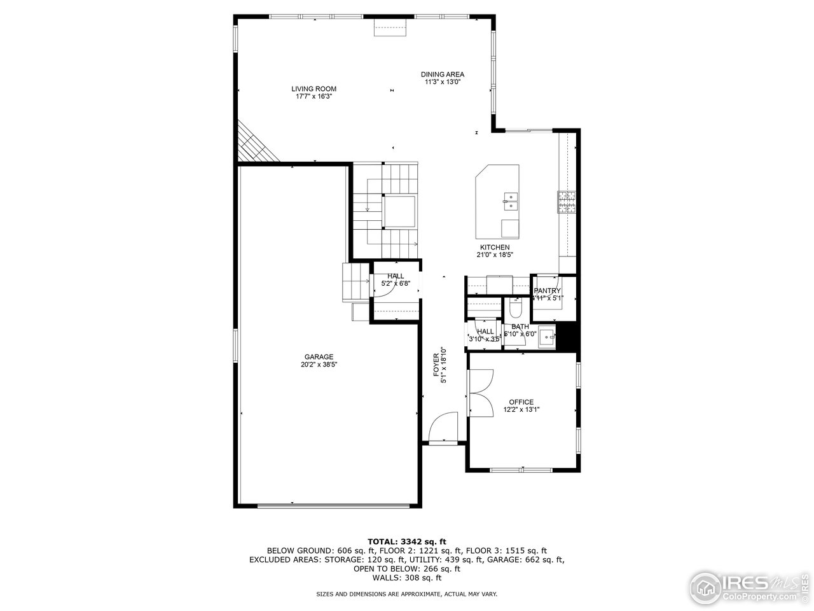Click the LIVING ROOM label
coord(314,89)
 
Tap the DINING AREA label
coord(442,74)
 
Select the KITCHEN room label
coord(494,248)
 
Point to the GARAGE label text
coord(319,357)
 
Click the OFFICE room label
coord(521,402)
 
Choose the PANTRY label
coord(547,291)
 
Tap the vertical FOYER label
coord(438,367)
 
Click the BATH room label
coord(520,327)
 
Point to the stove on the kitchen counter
coord(567,202)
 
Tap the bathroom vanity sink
coord(546,341)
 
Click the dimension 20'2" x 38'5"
coord(319,365)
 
